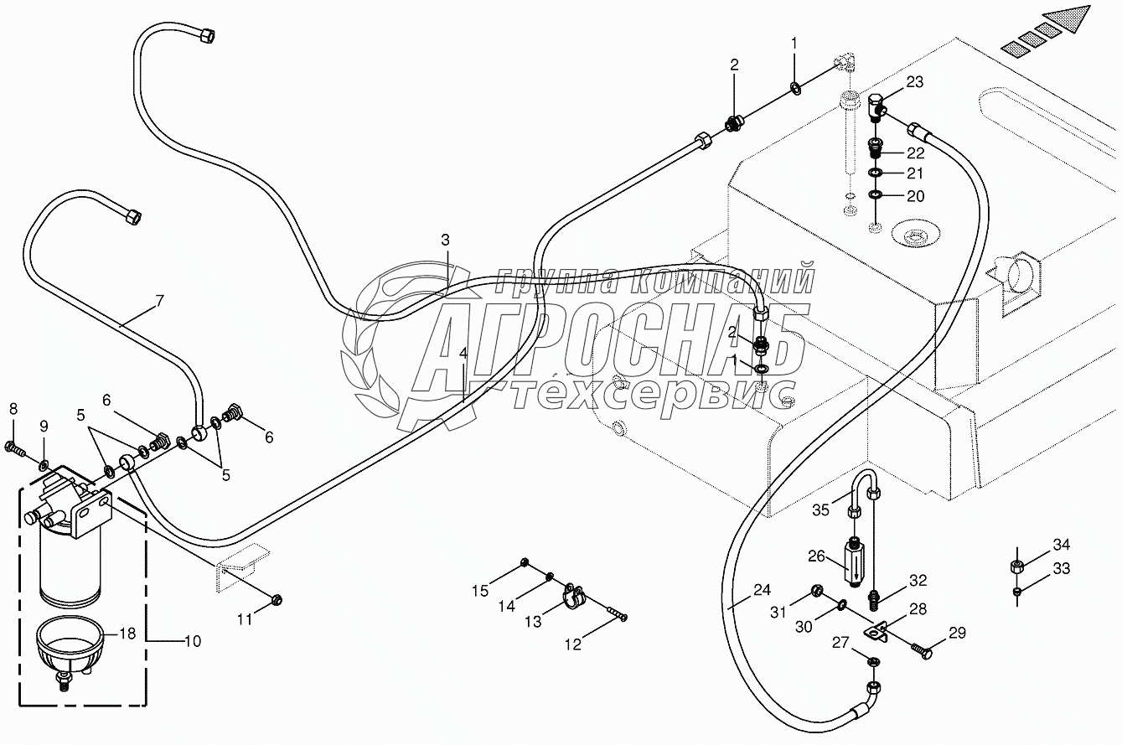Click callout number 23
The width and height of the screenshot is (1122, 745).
click(x=914, y=82)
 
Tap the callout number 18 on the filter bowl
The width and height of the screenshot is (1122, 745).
click(x=127, y=634)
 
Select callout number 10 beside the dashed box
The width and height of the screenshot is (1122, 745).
click(x=192, y=642)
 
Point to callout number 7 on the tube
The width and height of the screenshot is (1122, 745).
click(x=158, y=299)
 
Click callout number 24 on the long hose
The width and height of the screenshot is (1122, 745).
click(x=761, y=589)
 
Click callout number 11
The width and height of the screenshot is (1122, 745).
click(x=244, y=619)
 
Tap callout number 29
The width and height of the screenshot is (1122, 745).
click(x=956, y=634)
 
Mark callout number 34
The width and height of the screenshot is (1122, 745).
click(x=1062, y=543)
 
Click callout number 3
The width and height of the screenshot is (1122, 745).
click(x=446, y=240)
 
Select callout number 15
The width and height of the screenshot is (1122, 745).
click(x=479, y=591)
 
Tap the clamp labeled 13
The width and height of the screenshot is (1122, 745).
click(x=572, y=596)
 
